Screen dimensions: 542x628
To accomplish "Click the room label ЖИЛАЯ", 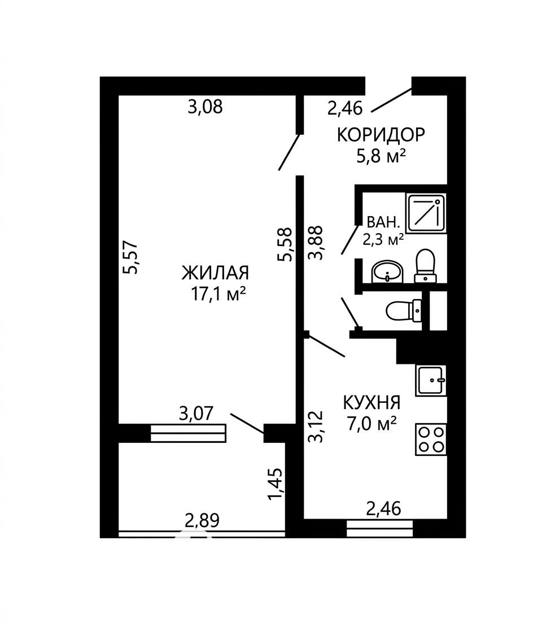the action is (x=215, y=273).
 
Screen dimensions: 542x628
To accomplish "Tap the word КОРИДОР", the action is (x=381, y=135).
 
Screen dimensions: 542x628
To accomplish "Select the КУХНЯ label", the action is (x=371, y=402).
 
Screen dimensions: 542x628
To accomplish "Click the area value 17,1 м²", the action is (x=218, y=295).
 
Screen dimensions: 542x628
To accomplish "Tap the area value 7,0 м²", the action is (x=371, y=424).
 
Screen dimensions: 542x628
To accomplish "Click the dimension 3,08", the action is (x=205, y=107).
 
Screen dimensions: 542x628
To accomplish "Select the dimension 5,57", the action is (x=130, y=257).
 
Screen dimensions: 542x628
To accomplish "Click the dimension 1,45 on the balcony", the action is (x=276, y=484).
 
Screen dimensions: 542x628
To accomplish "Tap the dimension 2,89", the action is (x=202, y=521).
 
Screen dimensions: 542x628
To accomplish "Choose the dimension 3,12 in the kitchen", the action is (x=315, y=426).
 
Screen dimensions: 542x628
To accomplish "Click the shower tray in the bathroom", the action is (x=426, y=213).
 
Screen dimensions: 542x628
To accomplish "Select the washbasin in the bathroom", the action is (x=387, y=272).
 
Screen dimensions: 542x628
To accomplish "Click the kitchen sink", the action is (x=431, y=380).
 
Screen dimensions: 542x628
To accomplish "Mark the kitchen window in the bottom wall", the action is (x=379, y=529).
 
